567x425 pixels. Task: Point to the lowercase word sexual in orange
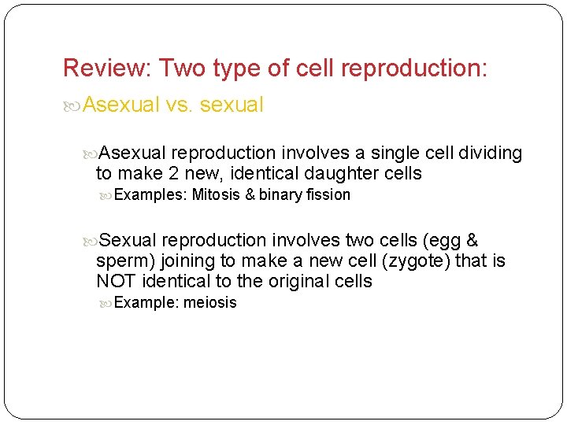point(232,105)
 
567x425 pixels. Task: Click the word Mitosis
point(217,194)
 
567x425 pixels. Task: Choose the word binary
point(282,194)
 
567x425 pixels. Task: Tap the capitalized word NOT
point(116,281)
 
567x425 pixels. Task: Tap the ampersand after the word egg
point(472,240)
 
